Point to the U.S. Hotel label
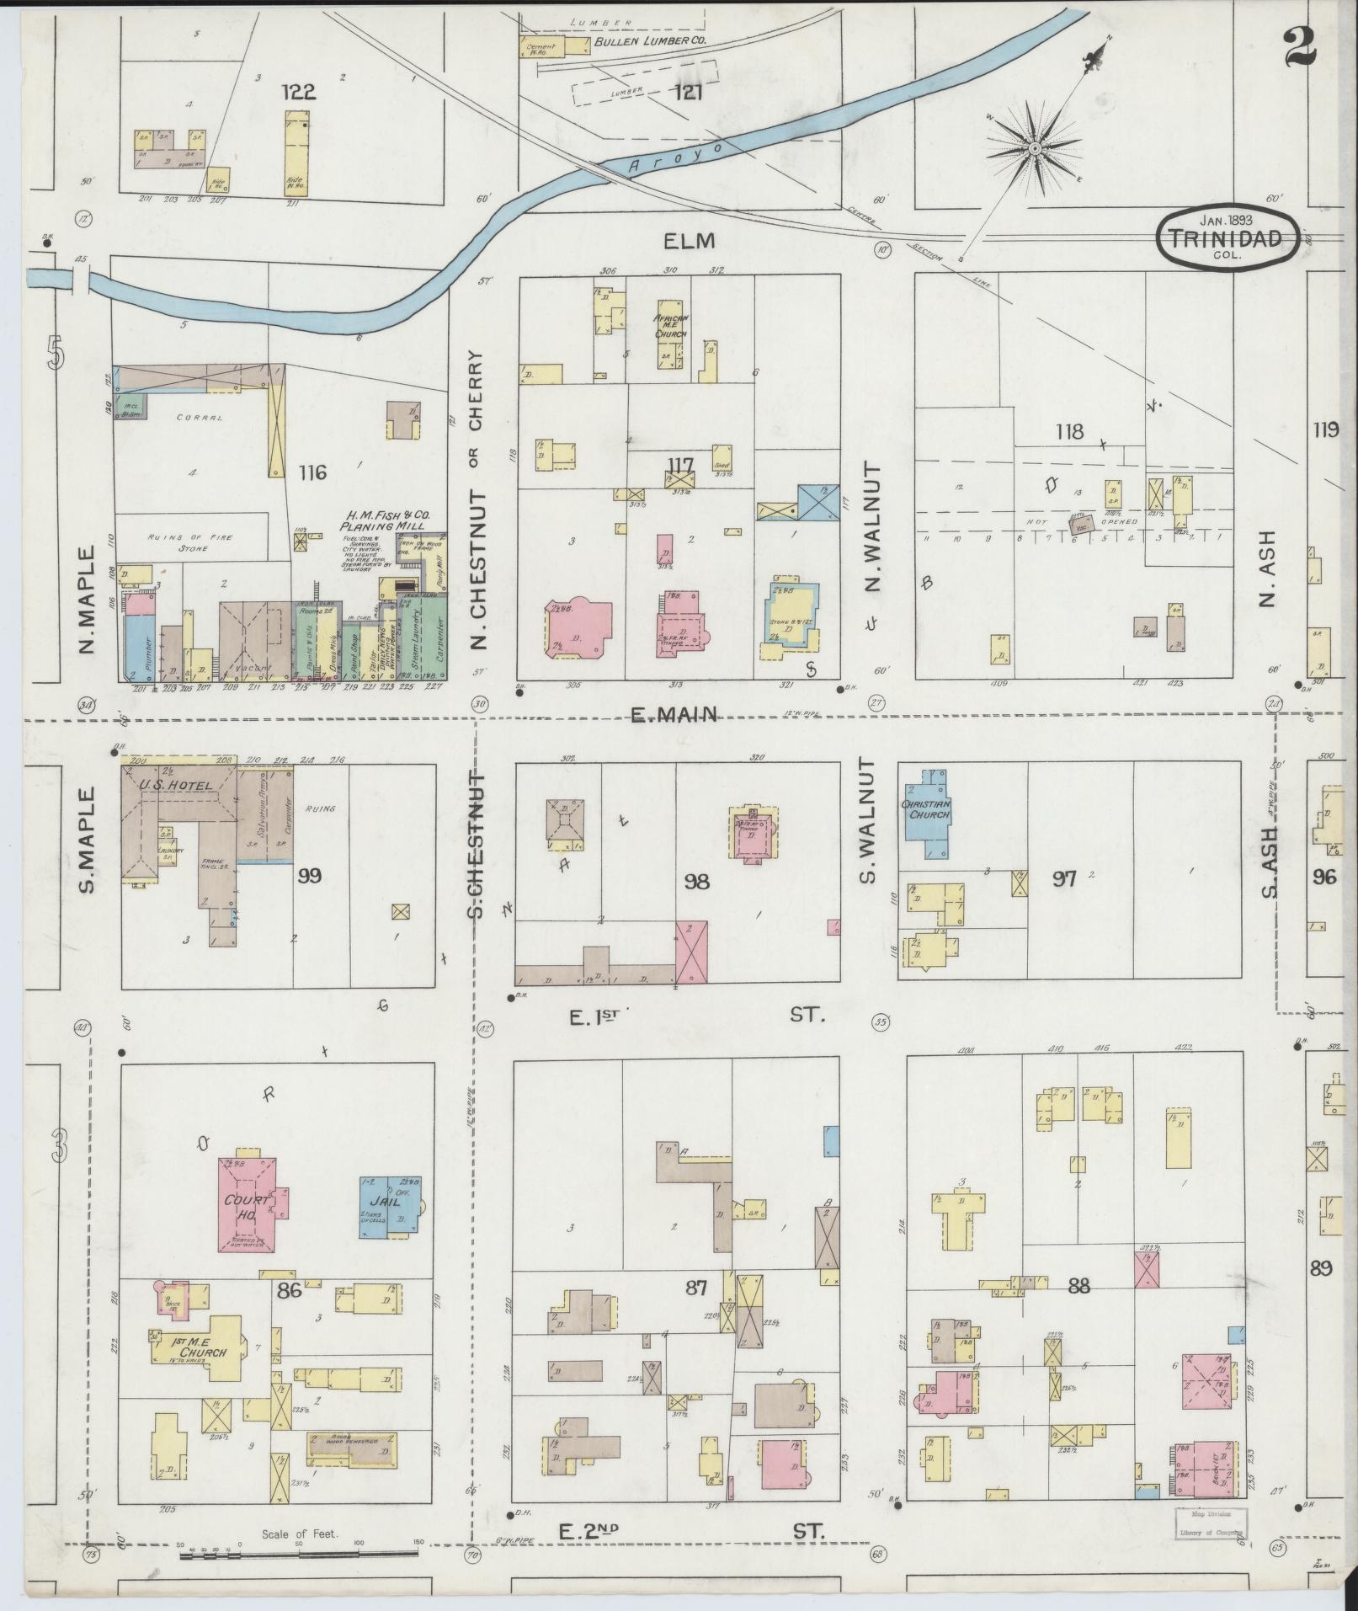(x=167, y=785)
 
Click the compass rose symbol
(x=1033, y=150)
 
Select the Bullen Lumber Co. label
(x=648, y=40)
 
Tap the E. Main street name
(x=674, y=715)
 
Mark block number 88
(x=1078, y=1310)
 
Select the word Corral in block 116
(x=199, y=417)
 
